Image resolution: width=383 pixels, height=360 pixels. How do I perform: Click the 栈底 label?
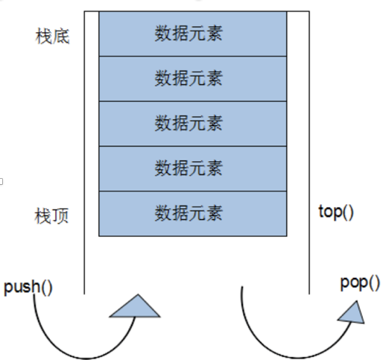(52, 37)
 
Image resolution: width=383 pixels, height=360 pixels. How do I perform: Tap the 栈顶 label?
(51, 216)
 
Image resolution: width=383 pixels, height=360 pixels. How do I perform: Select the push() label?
(28, 288)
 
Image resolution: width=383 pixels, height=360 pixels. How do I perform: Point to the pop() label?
(360, 283)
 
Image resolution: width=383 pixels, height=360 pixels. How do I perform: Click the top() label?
(336, 212)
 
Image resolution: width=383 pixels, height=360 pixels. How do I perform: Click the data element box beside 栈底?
(193, 34)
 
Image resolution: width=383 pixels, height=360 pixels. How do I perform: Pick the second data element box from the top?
(193, 79)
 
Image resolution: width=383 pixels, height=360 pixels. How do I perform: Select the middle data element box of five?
(193, 124)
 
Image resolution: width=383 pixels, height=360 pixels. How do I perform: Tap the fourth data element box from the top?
(193, 168)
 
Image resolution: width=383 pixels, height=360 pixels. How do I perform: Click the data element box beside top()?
(193, 214)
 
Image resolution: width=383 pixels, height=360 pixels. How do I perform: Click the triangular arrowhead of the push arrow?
(136, 308)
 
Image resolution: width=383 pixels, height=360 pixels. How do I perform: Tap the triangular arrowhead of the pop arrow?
(352, 314)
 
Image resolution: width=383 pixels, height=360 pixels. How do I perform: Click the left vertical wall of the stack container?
(84, 153)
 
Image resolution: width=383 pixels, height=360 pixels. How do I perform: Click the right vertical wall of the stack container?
(309, 153)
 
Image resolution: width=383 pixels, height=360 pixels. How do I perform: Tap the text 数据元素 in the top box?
(189, 34)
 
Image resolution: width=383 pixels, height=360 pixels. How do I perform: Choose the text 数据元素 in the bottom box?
(189, 213)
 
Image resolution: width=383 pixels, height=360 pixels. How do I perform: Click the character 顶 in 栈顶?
(60, 216)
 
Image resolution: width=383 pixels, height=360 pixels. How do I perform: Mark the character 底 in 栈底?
(61, 37)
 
